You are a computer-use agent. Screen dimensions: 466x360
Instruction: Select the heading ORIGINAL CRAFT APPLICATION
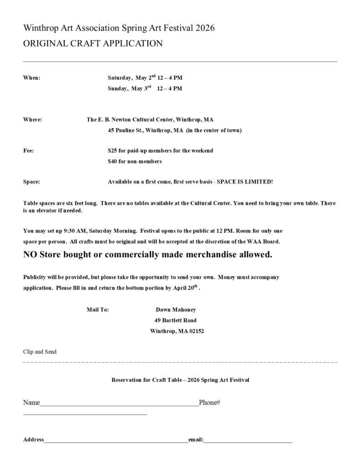[x=93, y=44]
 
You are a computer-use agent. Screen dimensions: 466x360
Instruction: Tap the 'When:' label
[x=32, y=78]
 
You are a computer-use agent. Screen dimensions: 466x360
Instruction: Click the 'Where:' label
[x=33, y=120]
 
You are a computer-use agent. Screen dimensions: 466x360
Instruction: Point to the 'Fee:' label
[x=28, y=151]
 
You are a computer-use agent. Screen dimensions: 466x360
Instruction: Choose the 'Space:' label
[x=31, y=182]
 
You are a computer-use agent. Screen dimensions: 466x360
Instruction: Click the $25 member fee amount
[x=112, y=151]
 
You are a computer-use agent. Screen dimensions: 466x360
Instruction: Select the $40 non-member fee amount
[x=112, y=162]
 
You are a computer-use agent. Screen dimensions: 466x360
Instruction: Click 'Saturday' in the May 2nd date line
[x=120, y=78]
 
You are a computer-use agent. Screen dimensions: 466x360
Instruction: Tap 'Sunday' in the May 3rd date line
[x=117, y=89]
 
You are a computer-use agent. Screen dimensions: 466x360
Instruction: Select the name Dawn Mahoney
[x=175, y=309]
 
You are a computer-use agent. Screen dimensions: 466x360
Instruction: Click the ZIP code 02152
[x=196, y=331]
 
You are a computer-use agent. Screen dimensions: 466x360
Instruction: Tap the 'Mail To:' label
[x=97, y=309]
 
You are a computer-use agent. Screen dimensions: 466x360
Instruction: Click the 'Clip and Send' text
[x=40, y=352]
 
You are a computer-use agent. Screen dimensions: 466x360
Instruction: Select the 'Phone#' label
[x=209, y=403]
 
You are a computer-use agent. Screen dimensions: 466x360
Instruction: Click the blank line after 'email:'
[x=248, y=441]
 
